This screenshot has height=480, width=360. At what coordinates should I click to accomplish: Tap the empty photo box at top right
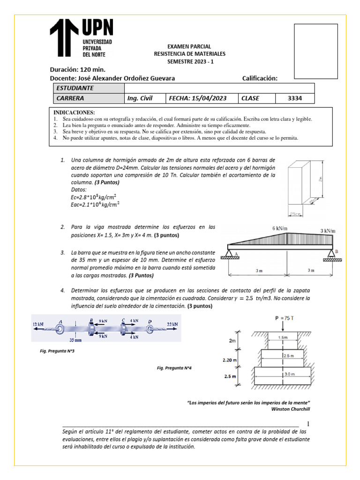point(315,51)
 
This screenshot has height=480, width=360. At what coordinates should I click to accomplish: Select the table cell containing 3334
point(294,98)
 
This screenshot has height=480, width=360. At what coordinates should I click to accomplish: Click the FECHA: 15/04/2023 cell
point(196,98)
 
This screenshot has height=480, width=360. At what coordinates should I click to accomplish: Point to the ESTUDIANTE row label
point(75,88)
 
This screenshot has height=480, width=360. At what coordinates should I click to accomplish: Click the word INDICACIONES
point(74,113)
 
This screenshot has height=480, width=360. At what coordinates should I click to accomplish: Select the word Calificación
point(260,78)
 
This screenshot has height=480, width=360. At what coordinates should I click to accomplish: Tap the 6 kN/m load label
point(280,228)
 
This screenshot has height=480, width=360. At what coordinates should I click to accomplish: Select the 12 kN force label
point(39,324)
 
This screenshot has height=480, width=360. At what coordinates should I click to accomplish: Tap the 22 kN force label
point(172,324)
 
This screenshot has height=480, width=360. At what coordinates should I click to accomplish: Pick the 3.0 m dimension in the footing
point(289,374)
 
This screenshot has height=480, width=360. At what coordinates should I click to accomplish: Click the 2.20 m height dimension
point(229,360)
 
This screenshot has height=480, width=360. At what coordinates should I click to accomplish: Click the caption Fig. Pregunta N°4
point(174,368)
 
